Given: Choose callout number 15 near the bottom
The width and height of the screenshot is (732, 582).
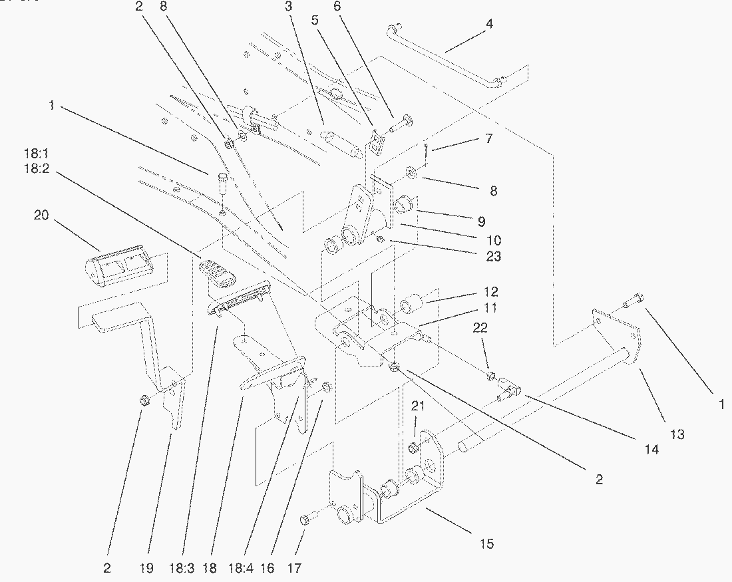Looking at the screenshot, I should point(487,544).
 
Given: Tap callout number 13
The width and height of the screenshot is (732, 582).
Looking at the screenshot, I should point(677,434).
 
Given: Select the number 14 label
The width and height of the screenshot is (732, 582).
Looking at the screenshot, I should point(651,450).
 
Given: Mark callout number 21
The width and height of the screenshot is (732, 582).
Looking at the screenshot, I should point(416,406).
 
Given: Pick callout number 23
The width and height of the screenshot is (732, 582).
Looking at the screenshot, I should point(494,256).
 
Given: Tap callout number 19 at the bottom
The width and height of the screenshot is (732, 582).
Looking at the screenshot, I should point(146,569).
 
